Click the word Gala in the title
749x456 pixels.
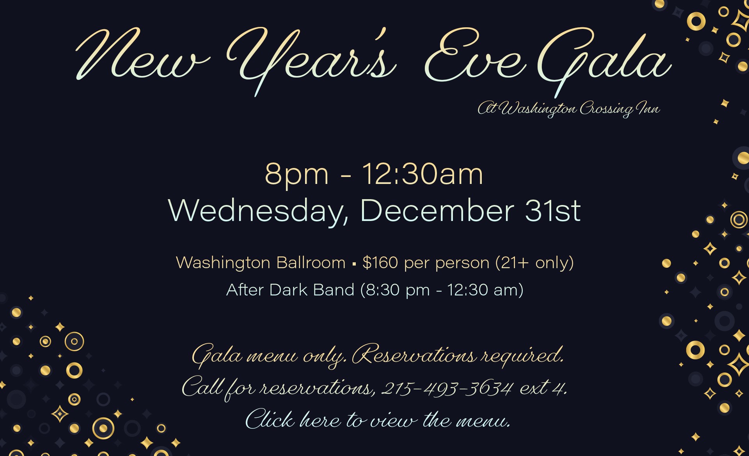605,58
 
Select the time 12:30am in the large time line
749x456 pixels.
422,174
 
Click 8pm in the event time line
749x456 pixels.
296,175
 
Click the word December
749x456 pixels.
437,211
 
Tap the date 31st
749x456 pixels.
553,211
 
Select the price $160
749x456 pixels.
380,263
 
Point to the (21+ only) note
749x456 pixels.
534,263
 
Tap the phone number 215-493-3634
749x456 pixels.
447,388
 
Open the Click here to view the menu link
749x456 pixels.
378,420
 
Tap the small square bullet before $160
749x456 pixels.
354,264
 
